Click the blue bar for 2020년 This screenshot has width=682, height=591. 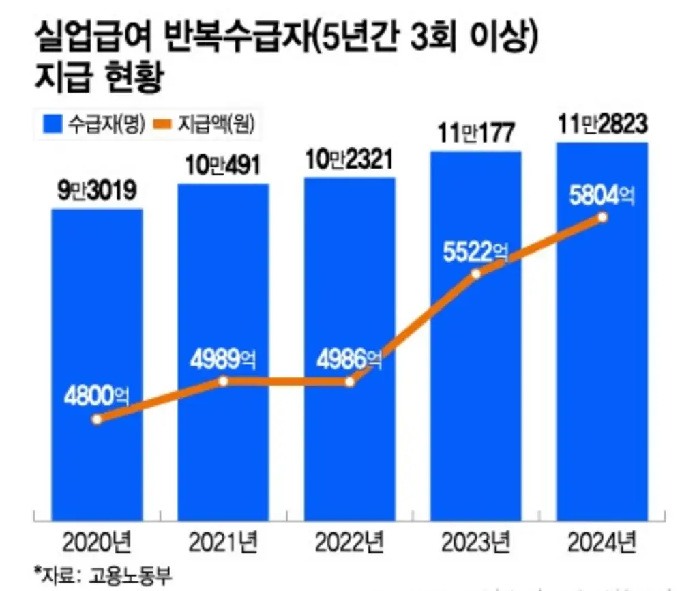tap(98, 362)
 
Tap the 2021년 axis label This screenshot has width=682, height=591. tap(224, 543)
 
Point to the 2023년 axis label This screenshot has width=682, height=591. tap(476, 543)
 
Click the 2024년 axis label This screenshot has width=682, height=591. tap(602, 543)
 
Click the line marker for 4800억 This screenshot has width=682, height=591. tap(98, 420)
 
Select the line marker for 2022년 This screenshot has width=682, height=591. tap(350, 382)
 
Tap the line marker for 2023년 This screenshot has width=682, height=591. tap(476, 274)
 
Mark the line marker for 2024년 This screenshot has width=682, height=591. tap(602, 217)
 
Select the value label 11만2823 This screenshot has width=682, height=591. tap(602, 126)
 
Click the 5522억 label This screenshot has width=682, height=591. tap(475, 250)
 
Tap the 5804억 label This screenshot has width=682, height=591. tap(601, 197)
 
